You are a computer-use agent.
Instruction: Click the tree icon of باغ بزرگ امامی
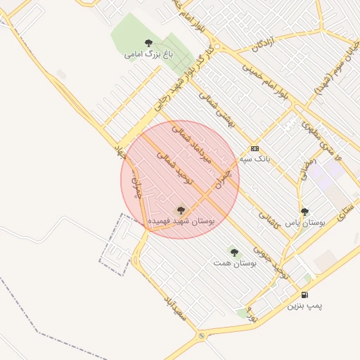click(x=148, y=43)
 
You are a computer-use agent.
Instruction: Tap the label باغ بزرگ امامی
click(x=148, y=53)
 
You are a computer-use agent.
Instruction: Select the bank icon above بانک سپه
click(x=254, y=148)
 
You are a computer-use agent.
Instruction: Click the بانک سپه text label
click(x=254, y=159)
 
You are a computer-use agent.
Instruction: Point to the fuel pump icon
click(x=304, y=295)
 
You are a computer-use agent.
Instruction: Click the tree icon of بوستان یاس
click(x=304, y=211)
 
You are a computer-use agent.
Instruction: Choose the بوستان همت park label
click(x=233, y=262)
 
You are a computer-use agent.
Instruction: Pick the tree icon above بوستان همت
click(x=233, y=251)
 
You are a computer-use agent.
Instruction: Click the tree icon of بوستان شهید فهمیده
click(x=180, y=210)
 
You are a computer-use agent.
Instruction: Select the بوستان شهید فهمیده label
click(x=180, y=221)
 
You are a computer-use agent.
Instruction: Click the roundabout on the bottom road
click(x=202, y=337)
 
